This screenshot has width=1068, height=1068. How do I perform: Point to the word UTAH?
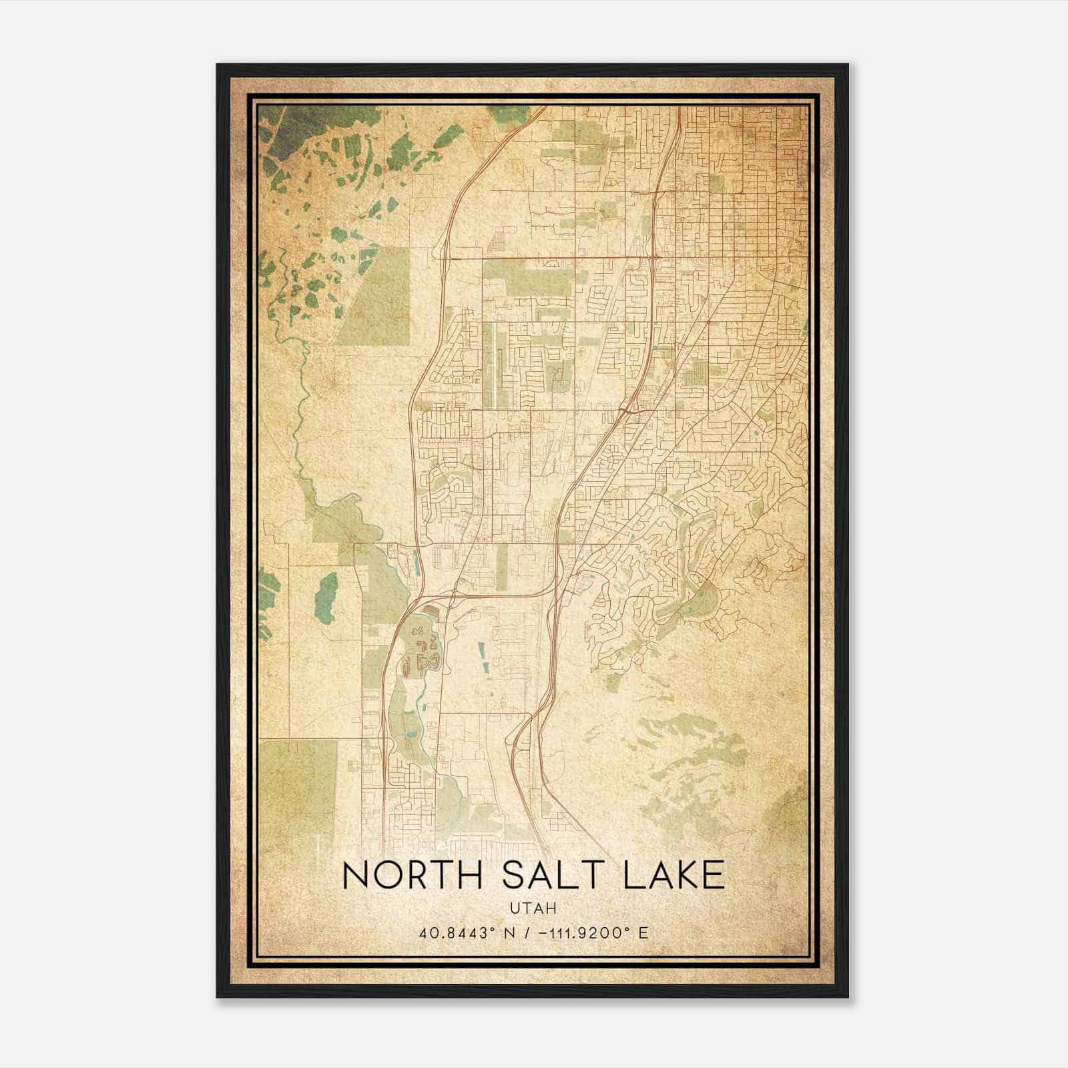pyautogui.click(x=533, y=908)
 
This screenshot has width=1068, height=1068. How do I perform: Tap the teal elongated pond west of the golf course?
pyautogui.click(x=326, y=597)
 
